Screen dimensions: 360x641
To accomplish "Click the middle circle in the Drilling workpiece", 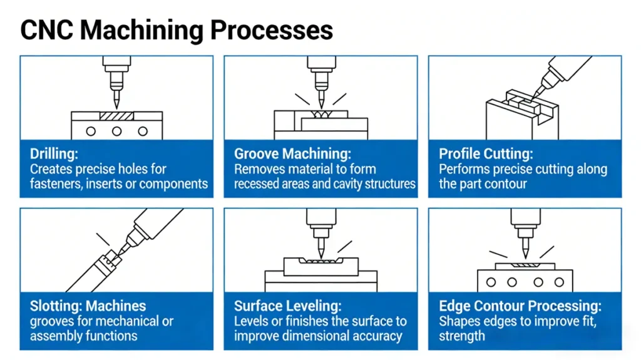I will tap(116, 131).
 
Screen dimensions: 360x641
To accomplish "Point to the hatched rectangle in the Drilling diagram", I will tap(116, 116).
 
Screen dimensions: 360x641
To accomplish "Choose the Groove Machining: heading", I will tap(292, 154).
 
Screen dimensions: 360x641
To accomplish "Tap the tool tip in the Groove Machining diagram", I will tap(320, 105).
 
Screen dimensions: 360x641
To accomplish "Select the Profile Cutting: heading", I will tap(486, 154).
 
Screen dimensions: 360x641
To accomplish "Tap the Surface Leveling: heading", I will tap(287, 306).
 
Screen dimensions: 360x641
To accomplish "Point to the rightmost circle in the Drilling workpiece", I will tap(143, 131).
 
